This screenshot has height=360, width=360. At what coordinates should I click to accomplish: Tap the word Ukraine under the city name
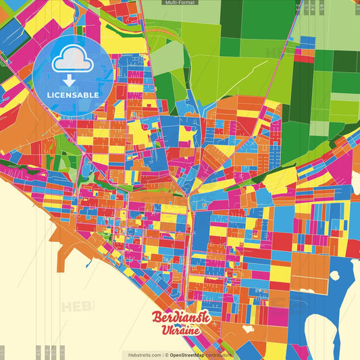pos(180,331)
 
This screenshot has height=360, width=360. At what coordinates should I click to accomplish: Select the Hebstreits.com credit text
pos(142,355)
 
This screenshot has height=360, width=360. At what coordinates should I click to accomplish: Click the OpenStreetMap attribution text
pos(191,355)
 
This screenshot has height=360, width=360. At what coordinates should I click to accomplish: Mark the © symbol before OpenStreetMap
pos(166,355)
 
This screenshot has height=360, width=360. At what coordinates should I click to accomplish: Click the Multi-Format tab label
pos(180,3)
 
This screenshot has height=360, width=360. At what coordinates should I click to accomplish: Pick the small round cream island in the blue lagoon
pos(335,275)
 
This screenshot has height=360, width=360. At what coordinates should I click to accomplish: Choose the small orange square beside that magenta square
pos(308,51)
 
